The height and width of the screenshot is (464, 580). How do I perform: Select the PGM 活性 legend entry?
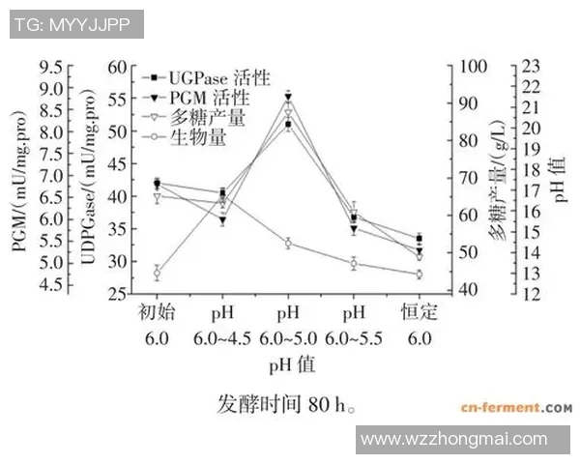[x=204, y=98]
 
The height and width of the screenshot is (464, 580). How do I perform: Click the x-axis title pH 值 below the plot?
[x=291, y=366]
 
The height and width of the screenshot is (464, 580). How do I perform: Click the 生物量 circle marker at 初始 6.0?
[x=157, y=273]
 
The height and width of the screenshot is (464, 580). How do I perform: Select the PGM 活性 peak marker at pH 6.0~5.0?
[x=288, y=96]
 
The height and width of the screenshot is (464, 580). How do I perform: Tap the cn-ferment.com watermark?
[x=516, y=408]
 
